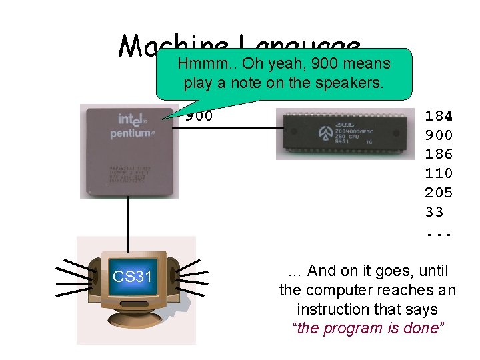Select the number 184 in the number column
click(439, 116)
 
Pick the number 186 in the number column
click(439, 154)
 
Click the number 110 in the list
click(439, 173)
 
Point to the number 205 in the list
click(439, 193)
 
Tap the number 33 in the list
click(435, 212)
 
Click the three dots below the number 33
click(439, 234)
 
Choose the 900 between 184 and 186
click(439, 135)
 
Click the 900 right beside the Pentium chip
click(199, 116)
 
